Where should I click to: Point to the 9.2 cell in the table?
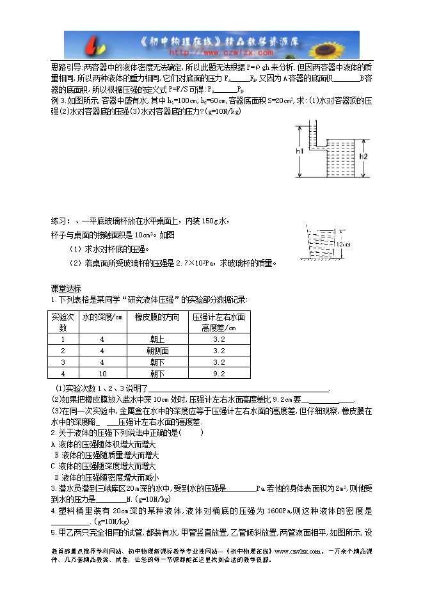219,373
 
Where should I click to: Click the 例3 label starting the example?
58,100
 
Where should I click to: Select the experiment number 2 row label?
63,351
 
